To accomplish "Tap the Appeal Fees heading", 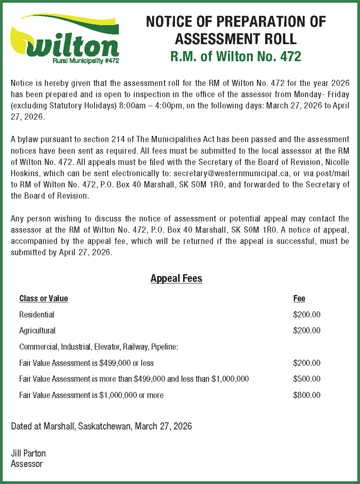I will click(176, 279).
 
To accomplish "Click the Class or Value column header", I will click(44, 299).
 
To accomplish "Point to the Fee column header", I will click(299, 299).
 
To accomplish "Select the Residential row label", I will click(36, 315).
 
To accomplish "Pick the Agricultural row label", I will click(37, 330).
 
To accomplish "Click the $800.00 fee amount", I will click(306, 395).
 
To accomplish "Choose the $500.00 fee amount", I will click(306, 379).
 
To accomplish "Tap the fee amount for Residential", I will click(306, 315).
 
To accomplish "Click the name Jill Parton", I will click(28, 453).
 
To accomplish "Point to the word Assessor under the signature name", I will click(27, 464).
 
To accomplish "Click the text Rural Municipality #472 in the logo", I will click(86, 60).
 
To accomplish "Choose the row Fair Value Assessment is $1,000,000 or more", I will click(91, 395).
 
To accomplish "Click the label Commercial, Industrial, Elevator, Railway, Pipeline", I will click(99, 347).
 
